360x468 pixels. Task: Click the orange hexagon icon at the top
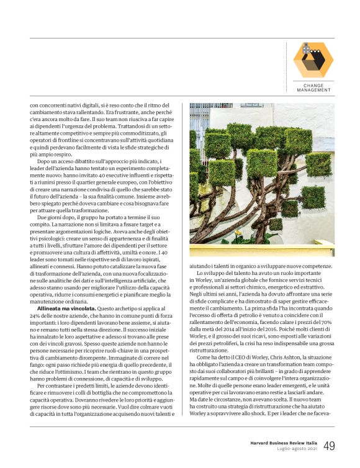[313, 60]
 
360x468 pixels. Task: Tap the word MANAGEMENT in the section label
[313, 91]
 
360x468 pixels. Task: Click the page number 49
[330, 446]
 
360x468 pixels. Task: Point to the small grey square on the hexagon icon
[305, 45]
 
